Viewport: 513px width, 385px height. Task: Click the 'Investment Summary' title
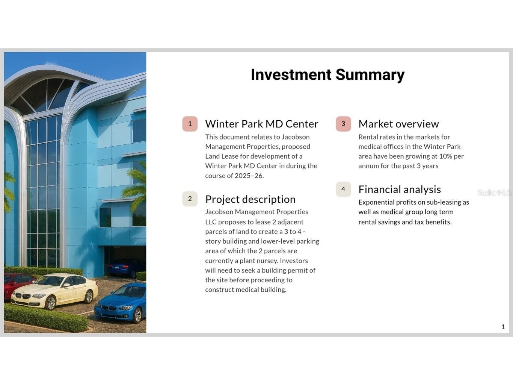click(327, 75)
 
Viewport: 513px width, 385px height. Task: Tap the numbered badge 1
click(190, 124)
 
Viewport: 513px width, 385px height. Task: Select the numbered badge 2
click(190, 199)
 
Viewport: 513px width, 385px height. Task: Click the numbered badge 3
click(343, 124)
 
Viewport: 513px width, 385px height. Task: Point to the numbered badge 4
click(343, 189)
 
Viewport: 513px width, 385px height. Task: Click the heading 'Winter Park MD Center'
click(262, 124)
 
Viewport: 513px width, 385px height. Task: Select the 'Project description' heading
click(250, 200)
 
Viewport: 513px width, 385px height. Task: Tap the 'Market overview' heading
click(399, 124)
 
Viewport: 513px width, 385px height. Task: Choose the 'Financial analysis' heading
click(400, 189)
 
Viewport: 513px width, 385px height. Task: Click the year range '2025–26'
click(249, 176)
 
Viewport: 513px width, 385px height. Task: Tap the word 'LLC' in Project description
click(211, 222)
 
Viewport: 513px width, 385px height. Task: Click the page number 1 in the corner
click(503, 327)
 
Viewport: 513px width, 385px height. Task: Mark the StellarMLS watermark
click(494, 193)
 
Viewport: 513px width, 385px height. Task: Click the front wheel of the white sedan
click(51, 303)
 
